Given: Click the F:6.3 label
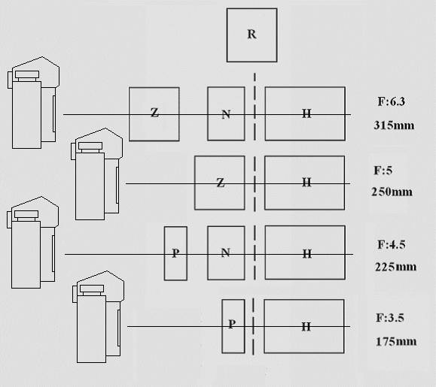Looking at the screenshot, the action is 392,101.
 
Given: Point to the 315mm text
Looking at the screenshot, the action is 394,125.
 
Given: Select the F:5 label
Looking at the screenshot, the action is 383,171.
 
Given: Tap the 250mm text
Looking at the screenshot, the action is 392,192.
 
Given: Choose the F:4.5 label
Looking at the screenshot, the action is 392,245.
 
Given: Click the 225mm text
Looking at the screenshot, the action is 395,267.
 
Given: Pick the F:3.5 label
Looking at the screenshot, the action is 390,318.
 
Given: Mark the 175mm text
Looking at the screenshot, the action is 396,341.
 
